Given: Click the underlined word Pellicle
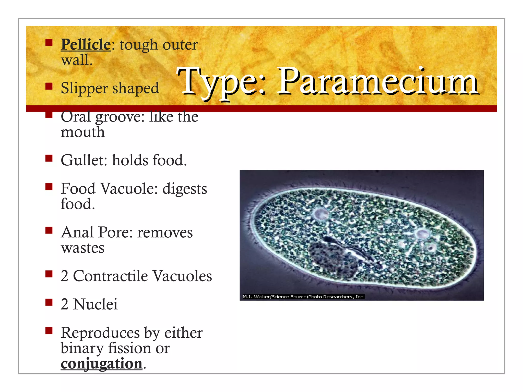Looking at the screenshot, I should click(x=86, y=44).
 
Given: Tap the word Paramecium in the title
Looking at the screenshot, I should click(x=378, y=81).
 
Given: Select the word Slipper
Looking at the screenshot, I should click(x=84, y=89).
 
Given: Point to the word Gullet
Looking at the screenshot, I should click(x=84, y=160).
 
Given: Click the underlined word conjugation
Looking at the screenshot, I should click(x=101, y=363).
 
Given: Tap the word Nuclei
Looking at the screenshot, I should click(x=95, y=304).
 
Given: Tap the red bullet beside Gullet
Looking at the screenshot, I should click(x=49, y=158).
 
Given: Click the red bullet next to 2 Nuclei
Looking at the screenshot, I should click(x=49, y=302).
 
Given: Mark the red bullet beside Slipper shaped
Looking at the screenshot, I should click(x=49, y=87).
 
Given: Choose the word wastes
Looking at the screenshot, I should click(x=82, y=248).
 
